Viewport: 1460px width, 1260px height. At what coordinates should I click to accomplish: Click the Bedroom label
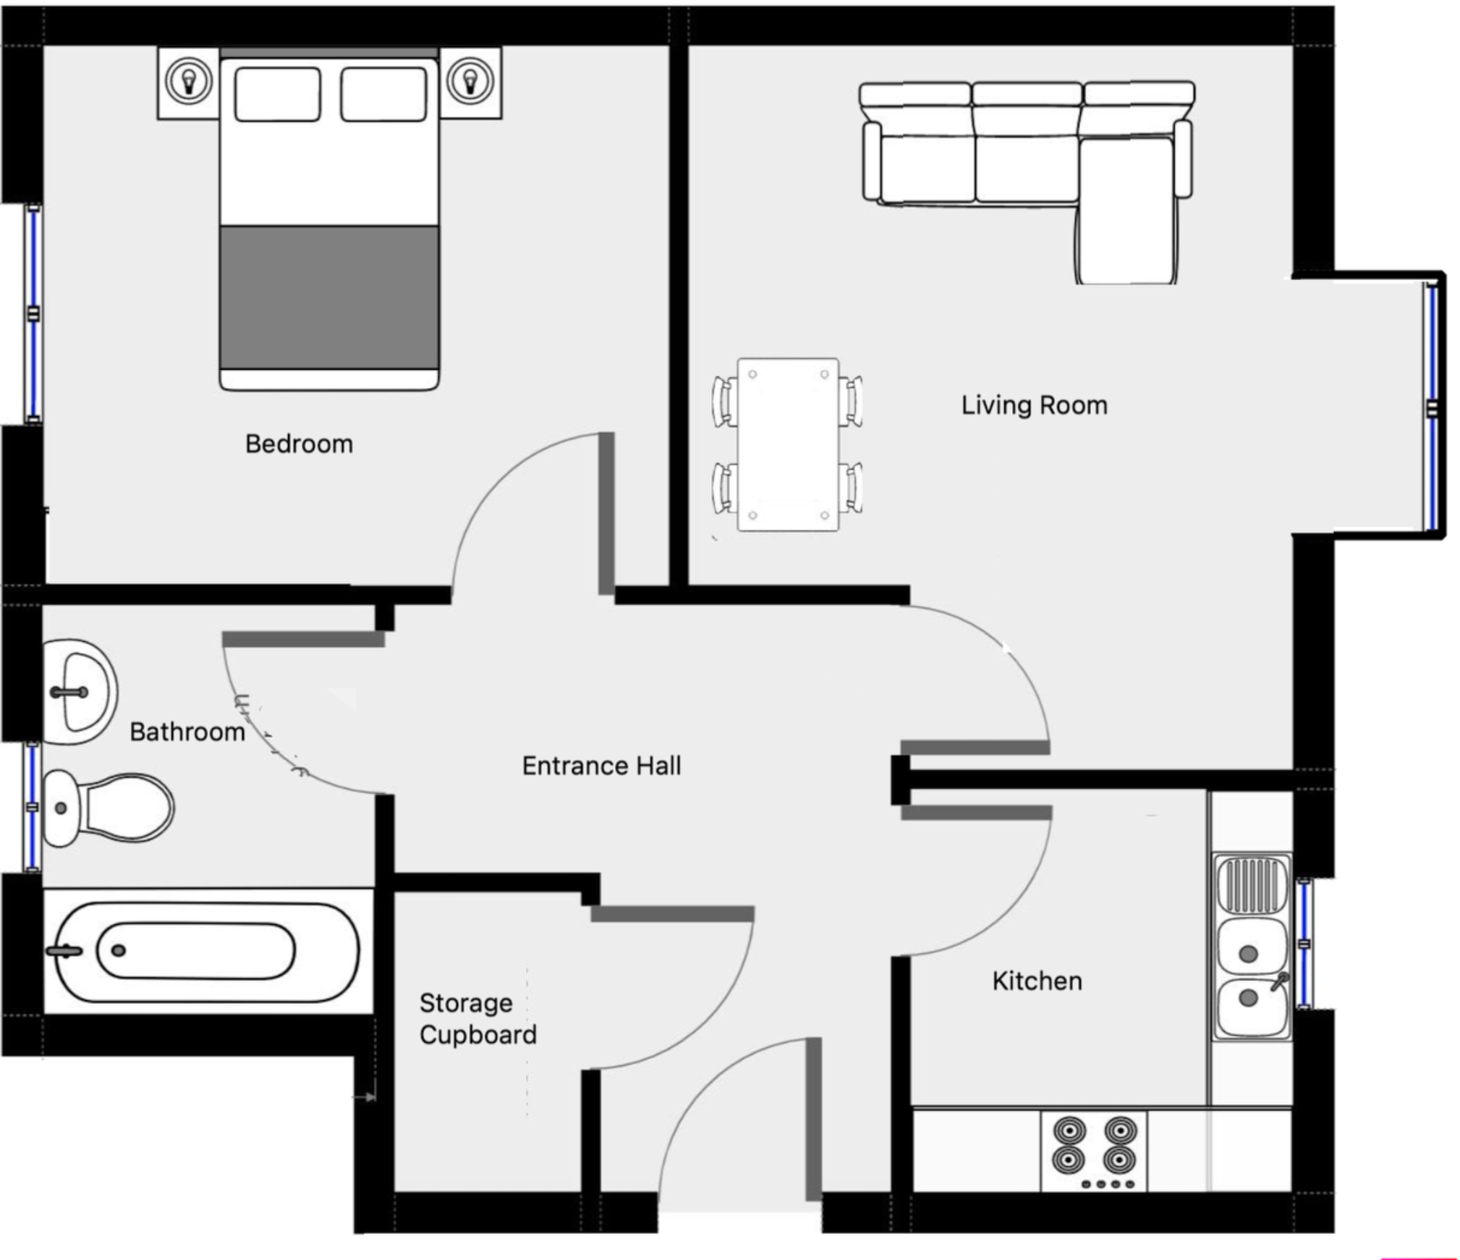[x=298, y=444]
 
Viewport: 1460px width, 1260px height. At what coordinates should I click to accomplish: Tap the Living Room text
[x=1033, y=405]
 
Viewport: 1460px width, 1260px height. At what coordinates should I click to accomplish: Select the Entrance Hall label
[x=600, y=766]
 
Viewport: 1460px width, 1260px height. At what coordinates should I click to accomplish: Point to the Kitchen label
[x=1036, y=981]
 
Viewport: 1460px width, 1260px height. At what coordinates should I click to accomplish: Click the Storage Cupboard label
[x=477, y=1019]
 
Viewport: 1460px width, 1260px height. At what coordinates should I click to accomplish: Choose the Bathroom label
[x=187, y=732]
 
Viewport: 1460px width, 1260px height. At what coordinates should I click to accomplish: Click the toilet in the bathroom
[x=109, y=808]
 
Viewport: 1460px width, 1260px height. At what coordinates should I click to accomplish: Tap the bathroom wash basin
[x=78, y=692]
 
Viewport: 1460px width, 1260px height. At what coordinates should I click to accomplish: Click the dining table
[x=787, y=444]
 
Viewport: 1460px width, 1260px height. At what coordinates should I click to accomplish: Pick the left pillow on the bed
[x=277, y=94]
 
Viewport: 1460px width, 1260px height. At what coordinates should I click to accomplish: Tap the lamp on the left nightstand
[x=189, y=80]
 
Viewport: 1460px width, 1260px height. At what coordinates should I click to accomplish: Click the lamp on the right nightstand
[x=470, y=80]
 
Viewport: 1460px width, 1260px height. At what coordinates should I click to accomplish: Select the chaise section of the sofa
[x=1125, y=210]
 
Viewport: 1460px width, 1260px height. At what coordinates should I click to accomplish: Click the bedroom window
[x=33, y=313]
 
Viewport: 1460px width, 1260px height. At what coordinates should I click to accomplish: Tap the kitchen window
[x=1303, y=944]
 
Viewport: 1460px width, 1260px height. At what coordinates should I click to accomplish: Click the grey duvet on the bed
[x=329, y=297]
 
